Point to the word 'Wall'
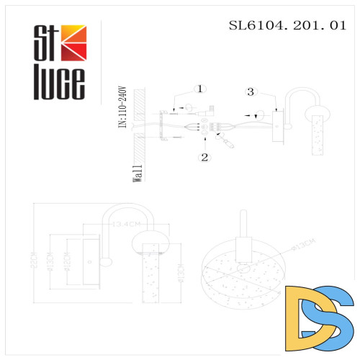[x=137, y=174]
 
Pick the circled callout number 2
[x=204, y=156]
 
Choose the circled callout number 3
[x=250, y=91]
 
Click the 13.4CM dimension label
[x=121, y=225]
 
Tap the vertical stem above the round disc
[x=243, y=231]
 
